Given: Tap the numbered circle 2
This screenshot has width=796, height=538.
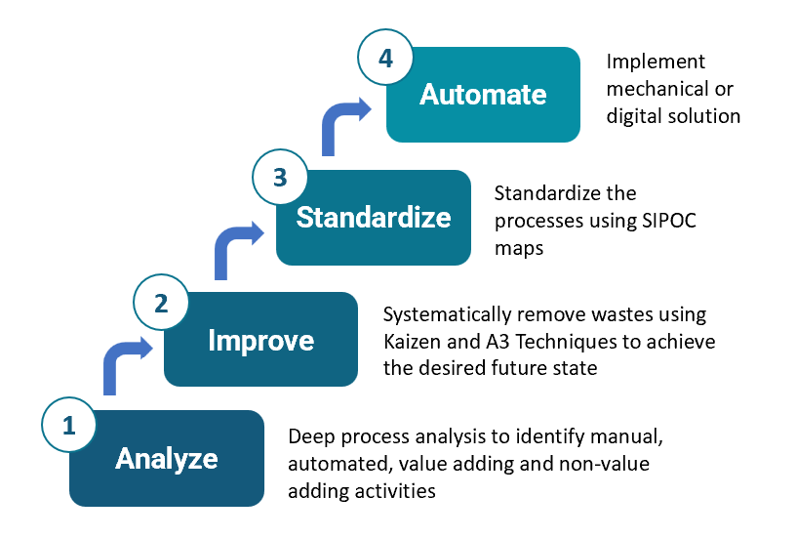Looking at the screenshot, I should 162,304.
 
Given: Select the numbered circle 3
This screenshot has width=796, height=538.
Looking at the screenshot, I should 279,179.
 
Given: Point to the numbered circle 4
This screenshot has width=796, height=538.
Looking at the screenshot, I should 385,59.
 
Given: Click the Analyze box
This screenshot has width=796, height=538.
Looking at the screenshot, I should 167,459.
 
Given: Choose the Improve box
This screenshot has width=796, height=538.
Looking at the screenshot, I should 261,340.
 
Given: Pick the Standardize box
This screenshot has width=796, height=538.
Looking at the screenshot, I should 374,217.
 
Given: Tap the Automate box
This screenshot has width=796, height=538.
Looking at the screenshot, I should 483,95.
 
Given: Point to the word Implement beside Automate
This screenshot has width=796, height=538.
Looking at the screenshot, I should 656,62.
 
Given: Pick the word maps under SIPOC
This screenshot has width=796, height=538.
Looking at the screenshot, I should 519,249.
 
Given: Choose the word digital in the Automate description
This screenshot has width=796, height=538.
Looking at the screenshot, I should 634,116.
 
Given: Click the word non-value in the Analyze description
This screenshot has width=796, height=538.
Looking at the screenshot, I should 615,464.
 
